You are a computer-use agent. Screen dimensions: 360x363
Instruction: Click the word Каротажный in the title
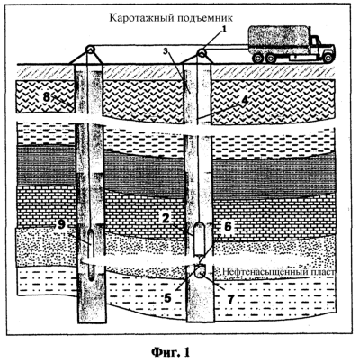pos(136,18)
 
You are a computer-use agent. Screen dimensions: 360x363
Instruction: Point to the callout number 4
pos(245,100)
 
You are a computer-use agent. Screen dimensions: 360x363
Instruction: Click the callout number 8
pos(47,97)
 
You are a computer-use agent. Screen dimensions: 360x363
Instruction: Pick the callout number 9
pos(61,224)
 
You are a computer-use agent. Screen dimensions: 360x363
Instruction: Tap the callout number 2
pos(165,219)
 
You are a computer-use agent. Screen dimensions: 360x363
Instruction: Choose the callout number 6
pos(228,226)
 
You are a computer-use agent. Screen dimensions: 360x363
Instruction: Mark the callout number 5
pos(167,297)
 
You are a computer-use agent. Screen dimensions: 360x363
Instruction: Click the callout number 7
pos(230,299)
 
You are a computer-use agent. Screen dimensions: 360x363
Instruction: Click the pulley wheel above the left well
pos(89,50)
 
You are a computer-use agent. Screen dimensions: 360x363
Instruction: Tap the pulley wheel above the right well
pos(202,53)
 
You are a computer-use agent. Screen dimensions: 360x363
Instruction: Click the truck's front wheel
pos(328,58)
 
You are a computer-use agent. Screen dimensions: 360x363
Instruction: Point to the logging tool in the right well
pos(199,239)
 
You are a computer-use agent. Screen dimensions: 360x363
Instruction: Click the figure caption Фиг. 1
pos(170,351)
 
